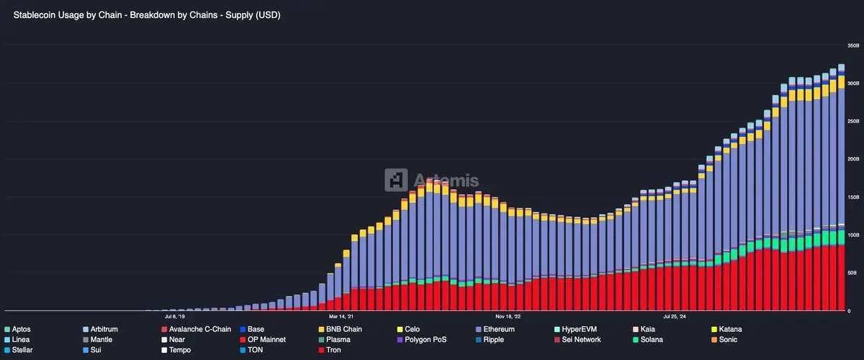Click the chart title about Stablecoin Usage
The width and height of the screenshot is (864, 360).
coord(147,15)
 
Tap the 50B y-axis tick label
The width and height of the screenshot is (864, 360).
coord(852,273)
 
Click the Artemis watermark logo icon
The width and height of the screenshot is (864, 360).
coord(396,179)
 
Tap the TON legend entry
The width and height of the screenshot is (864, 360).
coord(255,350)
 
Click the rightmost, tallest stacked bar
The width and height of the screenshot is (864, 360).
coord(841,180)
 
